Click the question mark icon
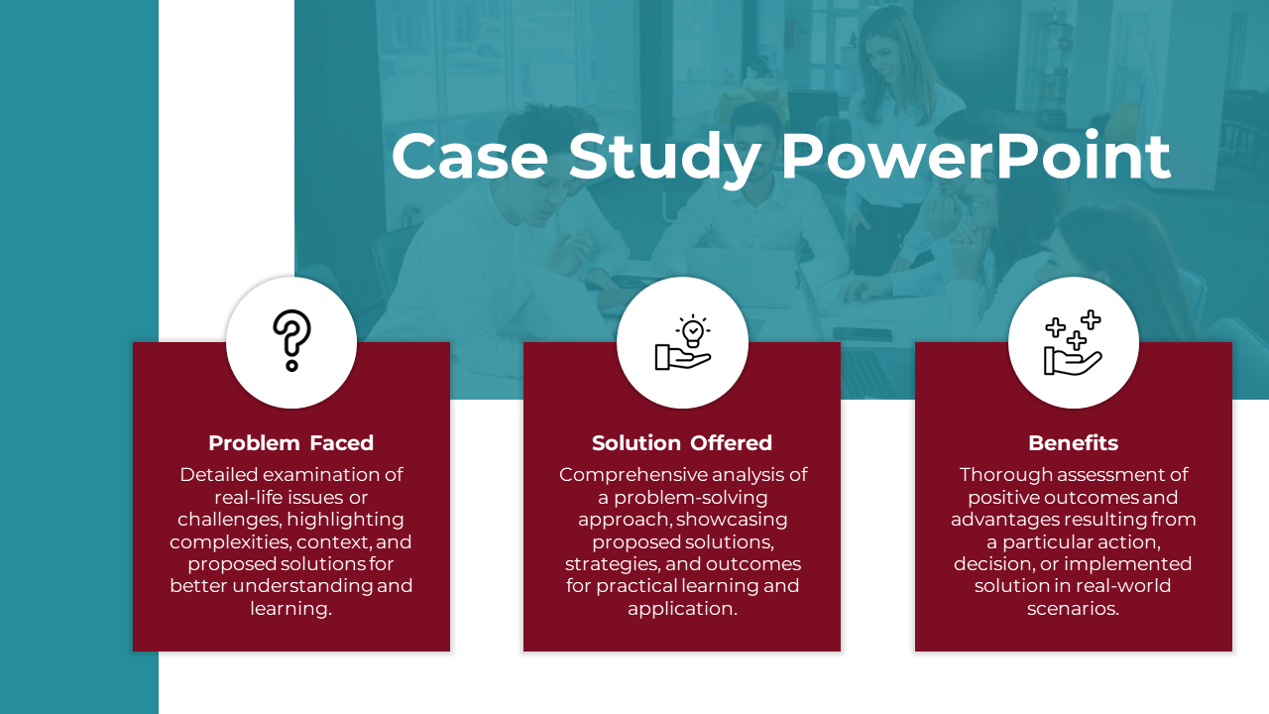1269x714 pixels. [291, 340]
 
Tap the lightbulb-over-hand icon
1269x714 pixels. [683, 342]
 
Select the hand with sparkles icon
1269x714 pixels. [1073, 342]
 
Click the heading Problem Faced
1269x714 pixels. [291, 443]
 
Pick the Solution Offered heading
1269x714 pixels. [682, 443]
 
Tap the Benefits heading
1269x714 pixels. [1074, 443]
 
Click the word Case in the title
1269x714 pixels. [470, 157]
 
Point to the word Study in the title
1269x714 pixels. [664, 158]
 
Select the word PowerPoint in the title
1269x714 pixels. [977, 156]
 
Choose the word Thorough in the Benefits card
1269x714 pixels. [1005, 475]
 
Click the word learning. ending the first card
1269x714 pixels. [291, 609]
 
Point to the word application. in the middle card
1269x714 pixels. [683, 609]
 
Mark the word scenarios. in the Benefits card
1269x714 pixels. [1074, 609]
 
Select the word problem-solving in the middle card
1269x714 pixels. [691, 498]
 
